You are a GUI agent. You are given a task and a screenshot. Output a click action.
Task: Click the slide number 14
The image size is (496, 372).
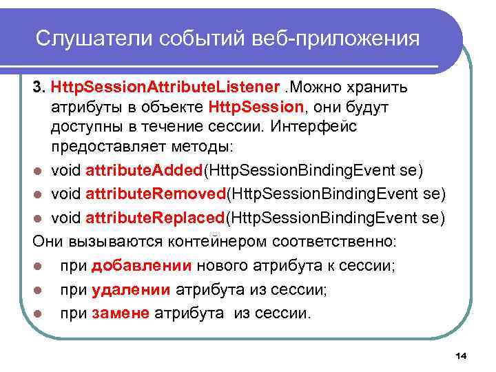461,355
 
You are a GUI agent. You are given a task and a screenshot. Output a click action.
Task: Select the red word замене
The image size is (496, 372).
121,313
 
